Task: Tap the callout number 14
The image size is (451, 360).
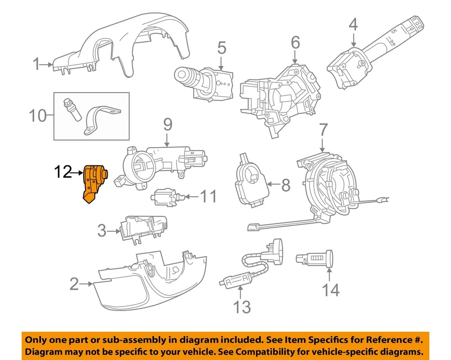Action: [330, 290]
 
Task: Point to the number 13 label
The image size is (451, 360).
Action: [242, 307]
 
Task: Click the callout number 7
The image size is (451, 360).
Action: [322, 130]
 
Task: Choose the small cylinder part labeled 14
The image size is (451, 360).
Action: [315, 258]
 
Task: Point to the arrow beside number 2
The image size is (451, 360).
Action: [86, 284]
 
